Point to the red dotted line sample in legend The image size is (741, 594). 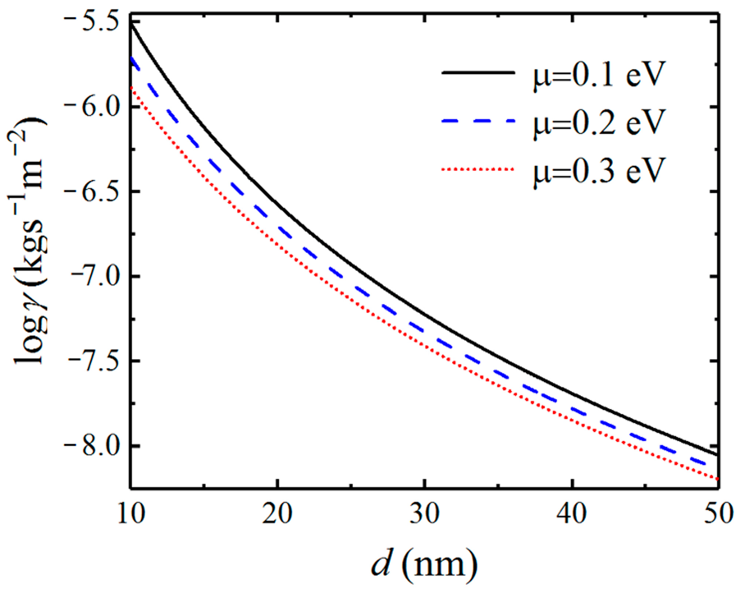coord(478,169)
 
